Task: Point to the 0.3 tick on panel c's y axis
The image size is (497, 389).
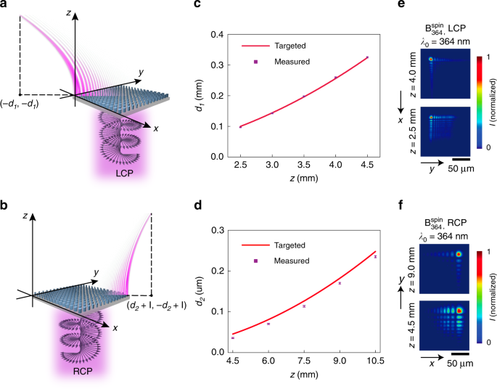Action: point(215,65)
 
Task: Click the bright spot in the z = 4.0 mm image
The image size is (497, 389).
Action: point(430,60)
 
